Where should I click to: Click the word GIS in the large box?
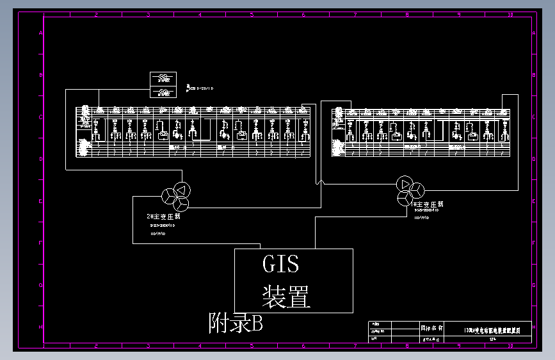point(280,263)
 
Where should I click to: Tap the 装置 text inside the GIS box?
point(286,297)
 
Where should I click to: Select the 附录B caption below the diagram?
point(236,323)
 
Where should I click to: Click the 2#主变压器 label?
point(163,217)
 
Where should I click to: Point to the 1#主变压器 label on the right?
point(428,204)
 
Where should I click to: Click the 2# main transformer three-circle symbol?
point(175,196)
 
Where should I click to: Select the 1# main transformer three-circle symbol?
point(410,190)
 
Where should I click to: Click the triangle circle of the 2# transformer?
point(181,190)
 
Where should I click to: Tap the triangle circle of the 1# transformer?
point(405,184)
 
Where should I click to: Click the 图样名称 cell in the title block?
point(431,327)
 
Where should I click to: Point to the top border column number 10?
point(510,14)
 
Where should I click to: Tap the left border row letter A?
point(42,33)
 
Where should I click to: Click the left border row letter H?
point(42,327)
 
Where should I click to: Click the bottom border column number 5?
point(251,346)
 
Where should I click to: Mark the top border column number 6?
point(303,14)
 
